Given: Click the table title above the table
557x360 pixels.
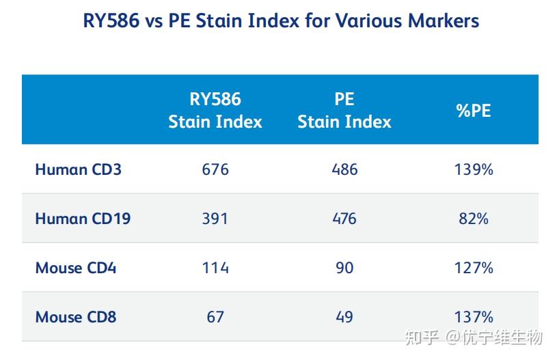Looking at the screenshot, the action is pyautogui.click(x=281, y=20).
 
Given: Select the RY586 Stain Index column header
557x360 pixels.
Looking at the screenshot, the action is pyautogui.click(x=215, y=110).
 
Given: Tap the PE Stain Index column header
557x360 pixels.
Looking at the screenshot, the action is pyautogui.click(x=344, y=110).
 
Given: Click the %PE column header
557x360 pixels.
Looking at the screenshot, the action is pyautogui.click(x=474, y=111).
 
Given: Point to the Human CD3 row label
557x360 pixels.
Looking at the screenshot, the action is pyautogui.click(x=78, y=169).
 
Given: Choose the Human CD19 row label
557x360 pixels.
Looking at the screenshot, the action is pyautogui.click(x=83, y=219).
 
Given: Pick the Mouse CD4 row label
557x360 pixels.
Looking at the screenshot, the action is pyautogui.click(x=76, y=268).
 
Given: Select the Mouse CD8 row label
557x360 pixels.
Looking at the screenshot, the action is pyautogui.click(x=76, y=317).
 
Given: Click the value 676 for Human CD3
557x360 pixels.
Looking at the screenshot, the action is pyautogui.click(x=215, y=169).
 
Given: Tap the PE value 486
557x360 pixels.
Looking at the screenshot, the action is pyautogui.click(x=344, y=169).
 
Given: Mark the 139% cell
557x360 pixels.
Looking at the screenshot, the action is pyautogui.click(x=474, y=169).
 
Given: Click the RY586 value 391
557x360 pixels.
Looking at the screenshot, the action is pyautogui.click(x=215, y=219).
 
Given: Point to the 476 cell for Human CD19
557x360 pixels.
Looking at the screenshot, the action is pyautogui.click(x=344, y=219).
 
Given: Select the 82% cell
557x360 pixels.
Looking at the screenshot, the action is pyautogui.click(x=474, y=219).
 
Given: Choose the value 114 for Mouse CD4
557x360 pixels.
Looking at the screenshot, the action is pyautogui.click(x=215, y=268).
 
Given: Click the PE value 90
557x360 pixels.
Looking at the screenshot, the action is pyautogui.click(x=344, y=268).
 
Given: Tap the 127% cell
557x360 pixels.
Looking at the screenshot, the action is pyautogui.click(x=474, y=268).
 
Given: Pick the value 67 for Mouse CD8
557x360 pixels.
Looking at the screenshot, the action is pyautogui.click(x=215, y=317).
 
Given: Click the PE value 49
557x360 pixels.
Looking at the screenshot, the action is pyautogui.click(x=344, y=317).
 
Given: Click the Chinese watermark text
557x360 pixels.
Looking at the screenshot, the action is pyautogui.click(x=474, y=337).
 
